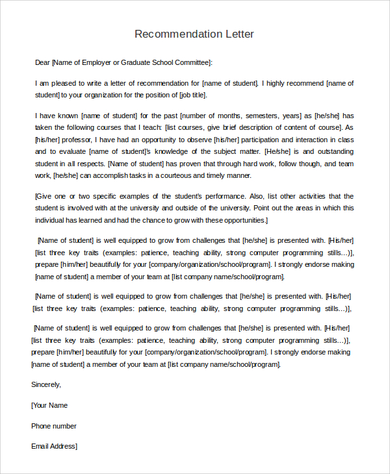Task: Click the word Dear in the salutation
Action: point(42,62)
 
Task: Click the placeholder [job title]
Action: point(193,95)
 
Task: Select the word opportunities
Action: point(239,220)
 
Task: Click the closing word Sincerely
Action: point(45,384)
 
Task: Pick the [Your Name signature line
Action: point(49,405)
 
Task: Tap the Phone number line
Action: point(54,426)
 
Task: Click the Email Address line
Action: point(55,446)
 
